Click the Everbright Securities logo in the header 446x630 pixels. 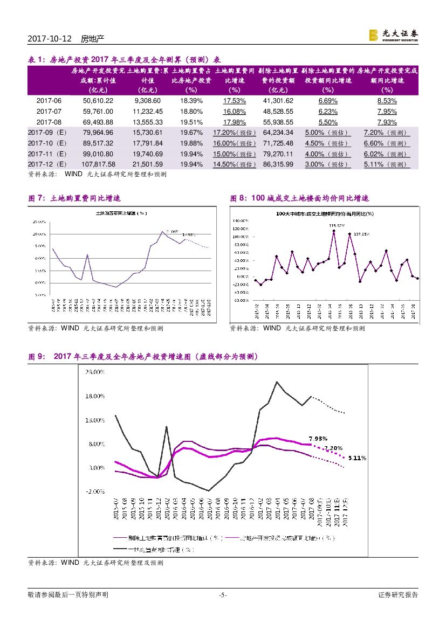coord(393,34)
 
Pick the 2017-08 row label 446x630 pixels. coord(49,122)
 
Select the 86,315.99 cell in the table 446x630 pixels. coord(278,164)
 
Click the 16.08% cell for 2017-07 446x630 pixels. coord(235,112)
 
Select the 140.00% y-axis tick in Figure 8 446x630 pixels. coord(241,221)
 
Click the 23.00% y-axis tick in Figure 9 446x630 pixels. coord(94,372)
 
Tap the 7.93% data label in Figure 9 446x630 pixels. coord(318,438)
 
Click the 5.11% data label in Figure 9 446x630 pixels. coord(357,458)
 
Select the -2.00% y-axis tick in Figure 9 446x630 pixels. coord(94,491)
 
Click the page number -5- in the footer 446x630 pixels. coord(223,595)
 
